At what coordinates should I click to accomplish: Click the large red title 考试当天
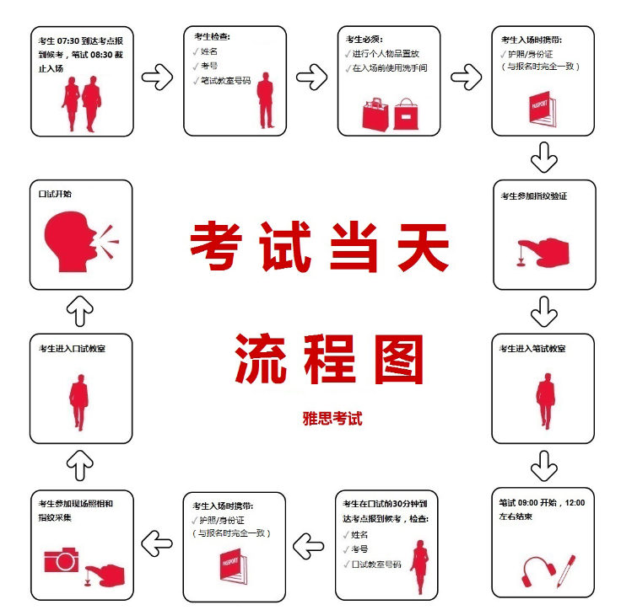click(319, 246)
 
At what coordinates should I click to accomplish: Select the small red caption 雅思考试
click(332, 418)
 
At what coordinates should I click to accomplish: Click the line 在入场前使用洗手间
click(391, 68)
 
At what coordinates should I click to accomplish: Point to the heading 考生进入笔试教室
click(532, 348)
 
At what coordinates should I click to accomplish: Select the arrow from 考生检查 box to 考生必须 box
click(311, 78)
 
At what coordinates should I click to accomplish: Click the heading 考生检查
click(212, 37)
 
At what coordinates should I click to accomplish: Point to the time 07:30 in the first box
click(69, 41)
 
